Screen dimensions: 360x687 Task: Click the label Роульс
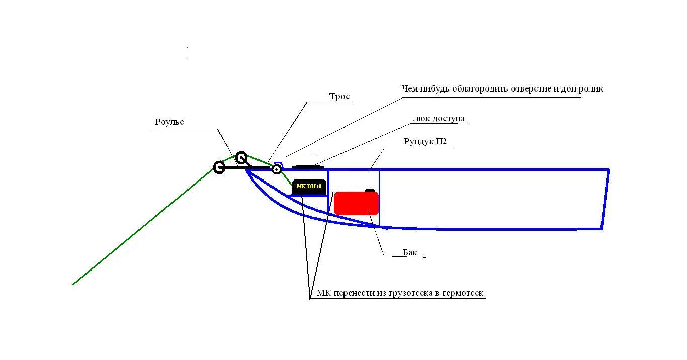pos(169,122)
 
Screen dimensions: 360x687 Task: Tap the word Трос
pos(339,96)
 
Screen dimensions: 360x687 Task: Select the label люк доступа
pos(439,119)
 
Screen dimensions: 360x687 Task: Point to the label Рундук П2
pos(425,142)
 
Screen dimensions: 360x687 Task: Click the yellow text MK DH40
pos(309,186)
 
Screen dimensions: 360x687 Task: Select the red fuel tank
pos(356,203)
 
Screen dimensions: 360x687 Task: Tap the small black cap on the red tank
pos(370,191)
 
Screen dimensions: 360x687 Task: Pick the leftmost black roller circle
pos(219,167)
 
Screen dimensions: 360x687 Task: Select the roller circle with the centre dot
pos(276,169)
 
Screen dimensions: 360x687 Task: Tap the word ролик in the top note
pos(591,89)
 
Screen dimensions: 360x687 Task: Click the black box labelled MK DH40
pos(309,187)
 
